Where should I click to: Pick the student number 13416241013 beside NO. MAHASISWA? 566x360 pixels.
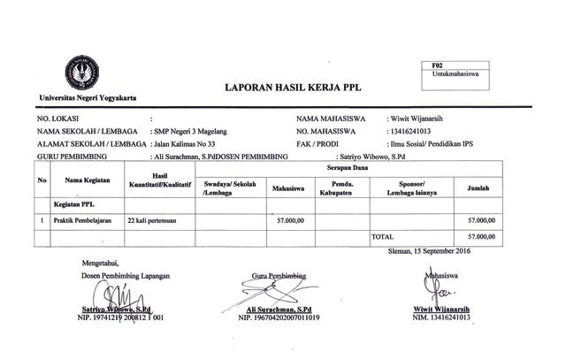(x=419, y=130)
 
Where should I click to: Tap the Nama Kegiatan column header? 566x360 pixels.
(x=84, y=181)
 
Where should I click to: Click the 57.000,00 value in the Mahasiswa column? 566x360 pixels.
(x=290, y=218)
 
